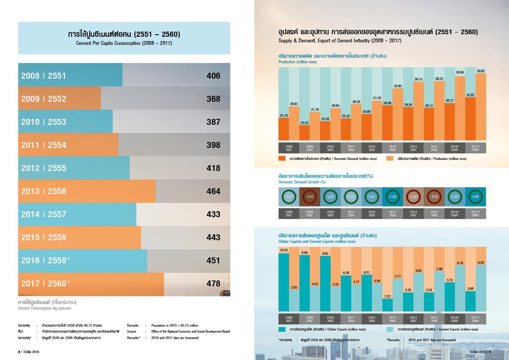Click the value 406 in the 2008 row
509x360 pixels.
213,76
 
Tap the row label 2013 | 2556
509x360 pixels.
44,191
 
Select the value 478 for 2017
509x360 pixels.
213,283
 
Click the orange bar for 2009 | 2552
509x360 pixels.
60,99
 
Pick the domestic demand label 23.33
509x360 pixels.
304,123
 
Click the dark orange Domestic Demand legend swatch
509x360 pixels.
282,158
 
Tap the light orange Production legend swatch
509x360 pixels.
390,158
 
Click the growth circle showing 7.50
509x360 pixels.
393,197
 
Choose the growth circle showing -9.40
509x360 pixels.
309,197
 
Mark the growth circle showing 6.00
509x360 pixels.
476,197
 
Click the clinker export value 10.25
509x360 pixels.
284,250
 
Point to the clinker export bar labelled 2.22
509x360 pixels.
387,304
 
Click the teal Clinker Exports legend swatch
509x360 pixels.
282,330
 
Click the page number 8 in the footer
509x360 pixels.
19,351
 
